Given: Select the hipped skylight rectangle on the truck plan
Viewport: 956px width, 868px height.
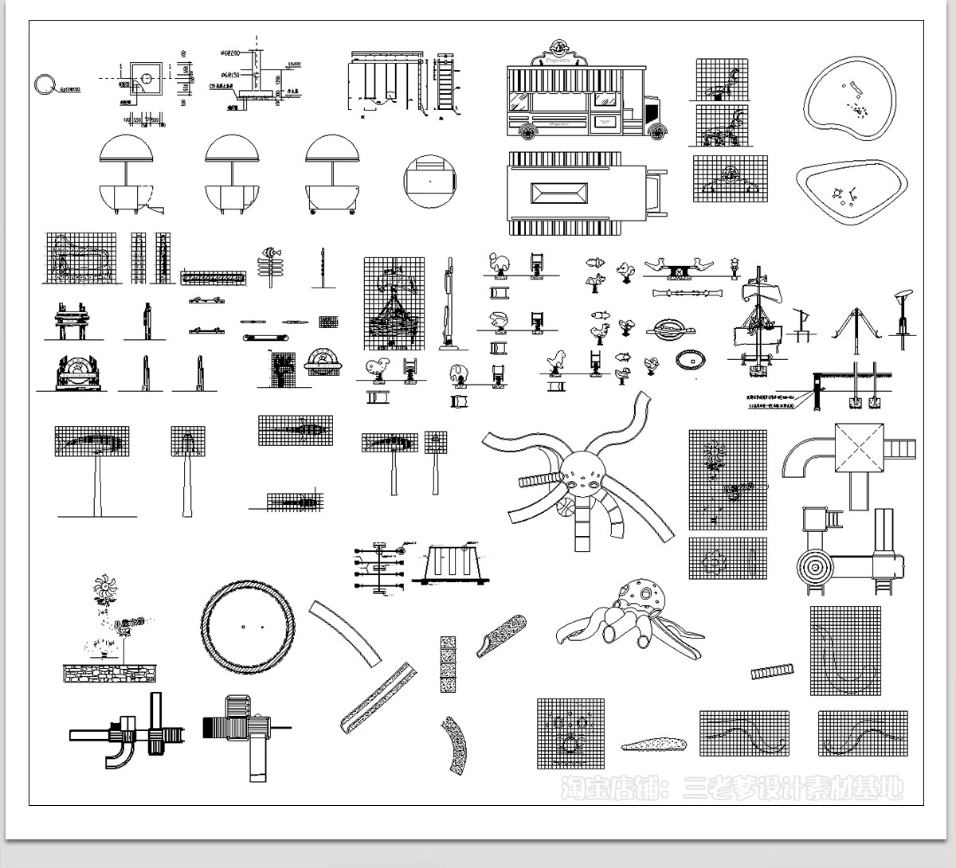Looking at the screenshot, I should click(559, 194).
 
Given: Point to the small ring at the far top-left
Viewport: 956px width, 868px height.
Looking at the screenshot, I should click(45, 82).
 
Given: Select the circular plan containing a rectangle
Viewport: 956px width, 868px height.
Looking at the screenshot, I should click(429, 181).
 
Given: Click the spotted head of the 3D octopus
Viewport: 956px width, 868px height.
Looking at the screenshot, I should click(644, 594).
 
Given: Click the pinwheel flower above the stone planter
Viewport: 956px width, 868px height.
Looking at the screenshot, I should click(104, 590).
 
